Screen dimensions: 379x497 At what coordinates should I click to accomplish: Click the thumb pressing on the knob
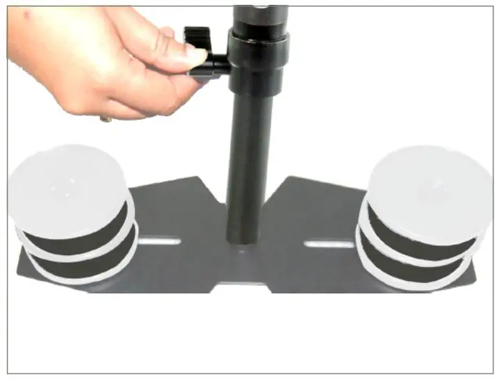pyautogui.click(x=182, y=58)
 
